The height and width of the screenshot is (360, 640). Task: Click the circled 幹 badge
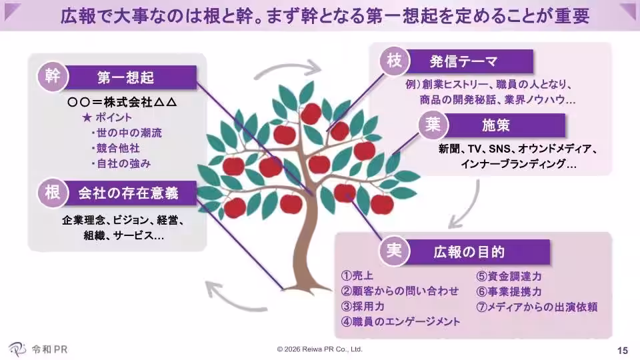pyautogui.click(x=53, y=76)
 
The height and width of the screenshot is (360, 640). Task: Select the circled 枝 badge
pyautogui.click(x=393, y=61)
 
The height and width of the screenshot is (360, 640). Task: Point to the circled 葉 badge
pyautogui.click(x=430, y=123)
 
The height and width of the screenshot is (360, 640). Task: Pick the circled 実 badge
pyautogui.click(x=393, y=251)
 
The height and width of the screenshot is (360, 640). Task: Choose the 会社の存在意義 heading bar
pyautogui.click(x=131, y=194)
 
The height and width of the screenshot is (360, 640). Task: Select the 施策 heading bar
pyautogui.click(x=496, y=125)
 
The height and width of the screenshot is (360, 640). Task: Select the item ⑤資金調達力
pyautogui.click(x=509, y=276)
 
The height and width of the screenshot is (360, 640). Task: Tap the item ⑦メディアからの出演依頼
pyautogui.click(x=536, y=307)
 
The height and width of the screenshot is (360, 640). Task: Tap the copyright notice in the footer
pyautogui.click(x=320, y=349)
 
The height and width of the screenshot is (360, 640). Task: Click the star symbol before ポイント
pyautogui.click(x=85, y=117)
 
